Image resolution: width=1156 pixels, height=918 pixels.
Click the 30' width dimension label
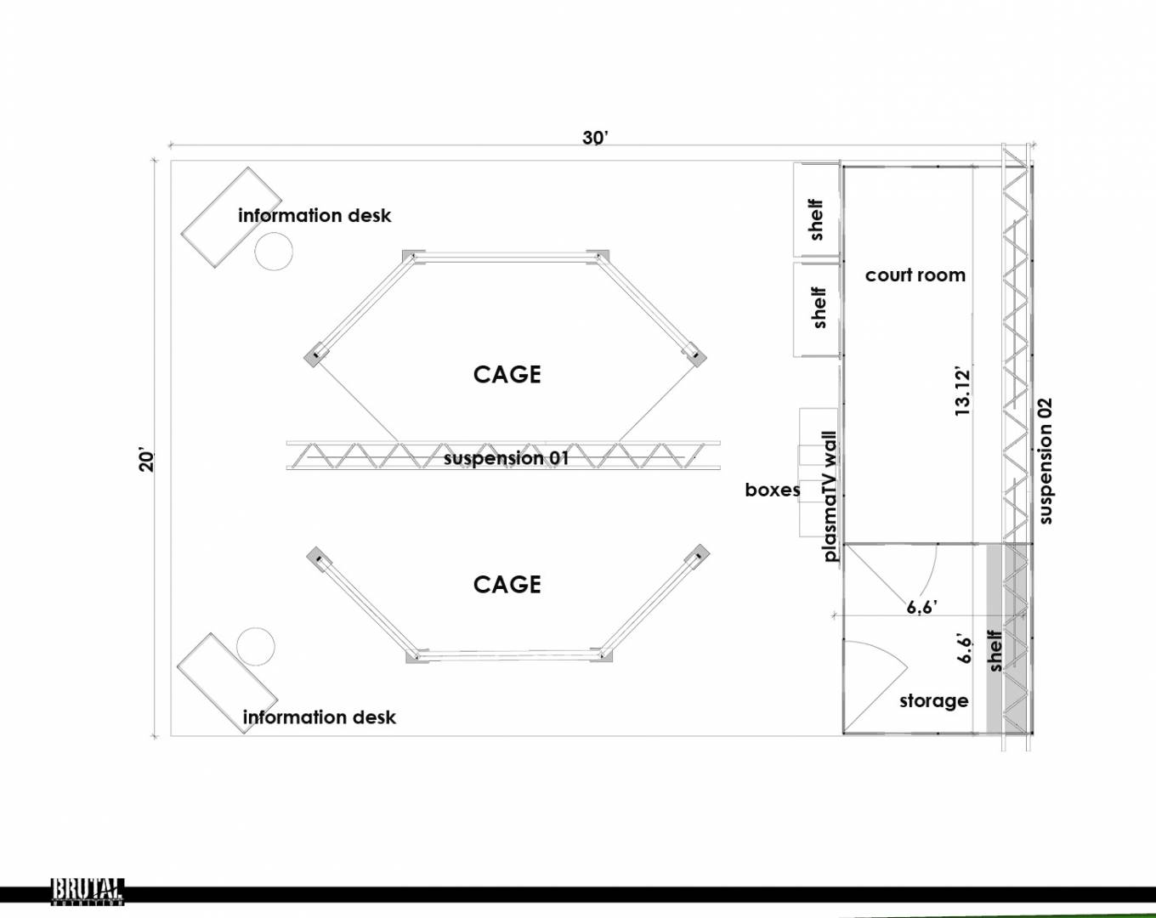tap(595, 138)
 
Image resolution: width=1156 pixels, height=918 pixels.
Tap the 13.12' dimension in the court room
tap(963, 392)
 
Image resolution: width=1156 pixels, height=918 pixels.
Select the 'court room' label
tap(915, 275)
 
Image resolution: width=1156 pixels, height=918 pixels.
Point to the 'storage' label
tap(934, 701)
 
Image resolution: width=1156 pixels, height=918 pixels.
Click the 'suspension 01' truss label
tap(506, 458)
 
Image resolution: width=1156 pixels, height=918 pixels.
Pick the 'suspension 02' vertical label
tap(1045, 461)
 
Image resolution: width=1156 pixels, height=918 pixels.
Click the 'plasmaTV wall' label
tap(830, 496)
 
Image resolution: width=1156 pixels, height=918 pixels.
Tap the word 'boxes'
tap(773, 490)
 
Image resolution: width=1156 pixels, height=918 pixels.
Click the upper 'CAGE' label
tap(507, 375)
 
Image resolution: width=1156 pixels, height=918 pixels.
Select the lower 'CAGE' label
tap(507, 585)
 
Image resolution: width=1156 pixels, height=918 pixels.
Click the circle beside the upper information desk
tap(274, 251)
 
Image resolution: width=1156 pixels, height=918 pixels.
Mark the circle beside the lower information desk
tap(256, 647)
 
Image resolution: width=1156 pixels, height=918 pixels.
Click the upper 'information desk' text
tap(314, 215)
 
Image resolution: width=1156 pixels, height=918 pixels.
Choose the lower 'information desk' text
tap(320, 717)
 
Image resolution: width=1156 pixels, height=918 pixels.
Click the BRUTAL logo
tap(88, 892)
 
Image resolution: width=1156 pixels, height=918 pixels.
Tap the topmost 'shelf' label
tap(815, 219)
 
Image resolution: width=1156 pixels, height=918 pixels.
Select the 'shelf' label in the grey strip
tap(994, 650)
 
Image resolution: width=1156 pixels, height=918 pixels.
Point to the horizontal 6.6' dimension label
tap(922, 607)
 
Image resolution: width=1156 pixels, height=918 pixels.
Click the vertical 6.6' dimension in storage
tap(965, 650)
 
